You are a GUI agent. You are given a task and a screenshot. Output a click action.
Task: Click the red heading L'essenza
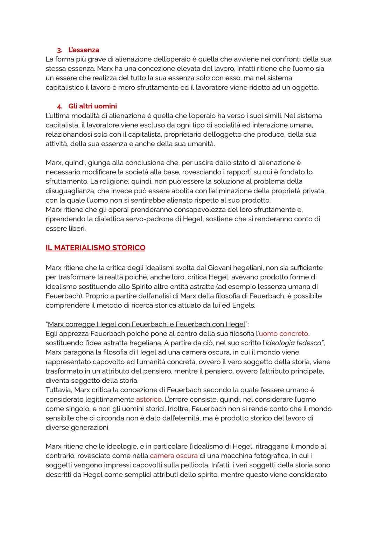click(84, 50)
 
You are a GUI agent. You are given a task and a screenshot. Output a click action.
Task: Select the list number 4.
click(59, 106)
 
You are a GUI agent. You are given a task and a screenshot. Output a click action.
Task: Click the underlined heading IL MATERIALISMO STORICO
click(95, 248)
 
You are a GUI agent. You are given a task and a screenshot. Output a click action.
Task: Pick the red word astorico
click(149, 399)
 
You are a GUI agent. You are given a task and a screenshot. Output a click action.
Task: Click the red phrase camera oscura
click(174, 456)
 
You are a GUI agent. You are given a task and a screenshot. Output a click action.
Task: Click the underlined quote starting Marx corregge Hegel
click(146, 324)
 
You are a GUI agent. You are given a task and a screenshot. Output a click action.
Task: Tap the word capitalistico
click(64, 87)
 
